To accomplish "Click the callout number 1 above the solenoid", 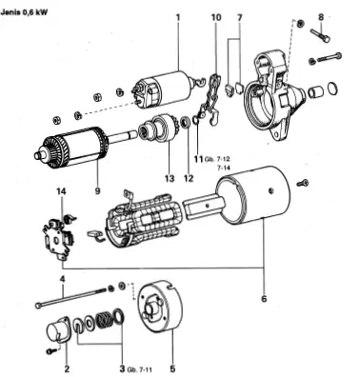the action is click(178, 17).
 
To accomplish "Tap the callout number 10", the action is click(216, 17).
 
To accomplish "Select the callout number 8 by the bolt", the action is click(321, 17).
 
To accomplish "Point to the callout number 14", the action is click(61, 191).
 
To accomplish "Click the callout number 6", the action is click(264, 299).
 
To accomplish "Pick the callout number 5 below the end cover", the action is click(172, 368).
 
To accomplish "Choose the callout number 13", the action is click(170, 179).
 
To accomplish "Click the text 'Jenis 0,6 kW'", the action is click(25, 13).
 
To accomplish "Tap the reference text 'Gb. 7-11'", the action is click(140, 369).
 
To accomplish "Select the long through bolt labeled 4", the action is click(70, 298).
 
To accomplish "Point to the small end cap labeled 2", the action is click(57, 332).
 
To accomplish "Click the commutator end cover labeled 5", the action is click(160, 307).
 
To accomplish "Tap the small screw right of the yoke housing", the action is click(303, 183).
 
